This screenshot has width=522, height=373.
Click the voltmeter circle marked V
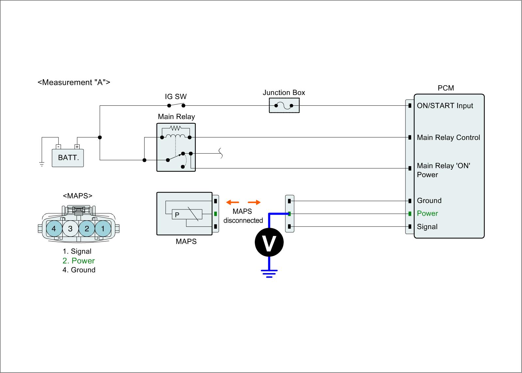point(269,242)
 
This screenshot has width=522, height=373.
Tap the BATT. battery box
point(68,158)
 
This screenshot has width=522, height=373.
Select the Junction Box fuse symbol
point(284,106)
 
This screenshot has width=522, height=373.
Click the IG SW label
point(176,97)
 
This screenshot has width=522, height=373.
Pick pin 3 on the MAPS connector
point(70,229)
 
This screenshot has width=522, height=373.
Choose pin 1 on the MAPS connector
point(103,229)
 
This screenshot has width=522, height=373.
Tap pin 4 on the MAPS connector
point(54,229)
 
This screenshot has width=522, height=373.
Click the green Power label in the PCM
point(427,213)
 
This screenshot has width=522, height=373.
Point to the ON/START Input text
point(445,106)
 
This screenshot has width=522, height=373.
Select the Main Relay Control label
point(448,137)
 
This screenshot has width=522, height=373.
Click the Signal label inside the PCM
point(427,227)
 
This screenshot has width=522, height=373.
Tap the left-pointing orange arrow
point(233,202)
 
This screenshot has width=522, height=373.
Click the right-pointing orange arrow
point(254,202)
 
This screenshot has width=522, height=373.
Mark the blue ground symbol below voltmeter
point(269,273)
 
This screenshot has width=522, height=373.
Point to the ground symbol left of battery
point(42,164)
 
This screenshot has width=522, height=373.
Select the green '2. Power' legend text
point(79,261)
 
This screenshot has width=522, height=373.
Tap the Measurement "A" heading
point(74,82)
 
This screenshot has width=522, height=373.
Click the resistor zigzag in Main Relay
point(176,128)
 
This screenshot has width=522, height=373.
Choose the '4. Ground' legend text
point(79,270)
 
